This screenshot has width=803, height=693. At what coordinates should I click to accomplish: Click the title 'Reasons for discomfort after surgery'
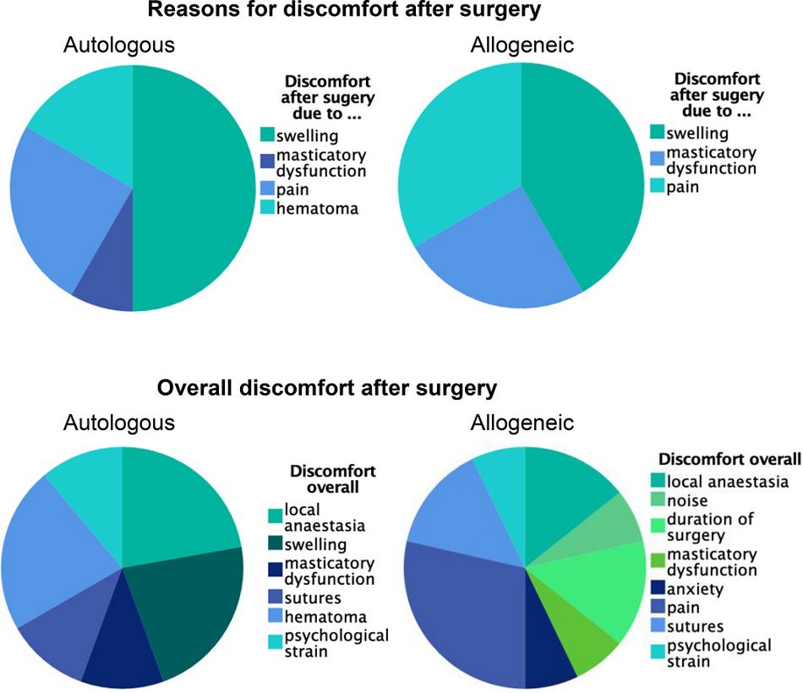[x=344, y=9]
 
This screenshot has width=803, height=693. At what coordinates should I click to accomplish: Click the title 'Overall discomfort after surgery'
[x=327, y=388]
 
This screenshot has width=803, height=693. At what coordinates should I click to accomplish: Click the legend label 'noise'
[x=686, y=500]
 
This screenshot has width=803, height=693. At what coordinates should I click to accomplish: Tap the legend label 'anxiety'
[x=695, y=589]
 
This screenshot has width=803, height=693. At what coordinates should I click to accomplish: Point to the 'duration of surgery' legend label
[x=710, y=527]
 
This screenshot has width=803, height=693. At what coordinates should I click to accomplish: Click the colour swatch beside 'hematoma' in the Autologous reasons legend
[x=267, y=207]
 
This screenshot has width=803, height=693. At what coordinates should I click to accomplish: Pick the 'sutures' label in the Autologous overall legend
[x=313, y=598]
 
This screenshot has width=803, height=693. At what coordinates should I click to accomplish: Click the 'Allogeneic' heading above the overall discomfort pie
[x=522, y=423]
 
